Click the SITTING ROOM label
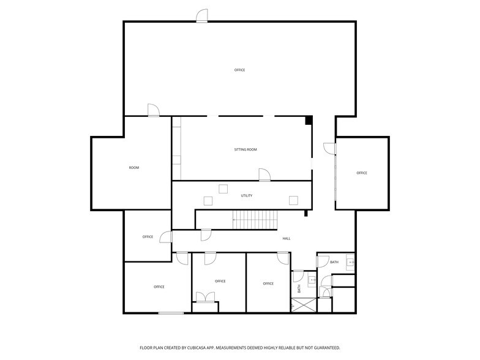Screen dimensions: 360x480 pyautogui.click(x=245, y=149)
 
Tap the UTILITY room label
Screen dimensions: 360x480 pyautogui.click(x=246, y=196)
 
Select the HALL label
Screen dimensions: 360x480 pyautogui.click(x=286, y=238)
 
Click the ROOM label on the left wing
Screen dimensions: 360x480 pyautogui.click(x=133, y=168)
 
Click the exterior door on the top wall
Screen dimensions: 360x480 pyautogui.click(x=202, y=17)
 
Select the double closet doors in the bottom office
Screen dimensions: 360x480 pyautogui.click(x=205, y=298)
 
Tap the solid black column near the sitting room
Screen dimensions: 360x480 pyautogui.click(x=309, y=120)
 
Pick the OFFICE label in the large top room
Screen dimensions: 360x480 pyautogui.click(x=239, y=70)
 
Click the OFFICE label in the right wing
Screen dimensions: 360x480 pyautogui.click(x=362, y=173)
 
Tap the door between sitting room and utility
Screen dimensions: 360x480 pyautogui.click(x=264, y=175)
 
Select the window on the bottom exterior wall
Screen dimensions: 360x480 pyautogui.click(x=171, y=313)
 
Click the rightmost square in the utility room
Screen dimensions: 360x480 pyautogui.click(x=293, y=200)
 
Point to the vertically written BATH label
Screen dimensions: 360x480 pyautogui.click(x=299, y=288)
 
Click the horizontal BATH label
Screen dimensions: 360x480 pyautogui.click(x=334, y=262)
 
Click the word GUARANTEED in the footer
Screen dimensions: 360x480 pyautogui.click(x=324, y=347)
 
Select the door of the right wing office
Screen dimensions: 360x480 pyautogui.click(x=330, y=148)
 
